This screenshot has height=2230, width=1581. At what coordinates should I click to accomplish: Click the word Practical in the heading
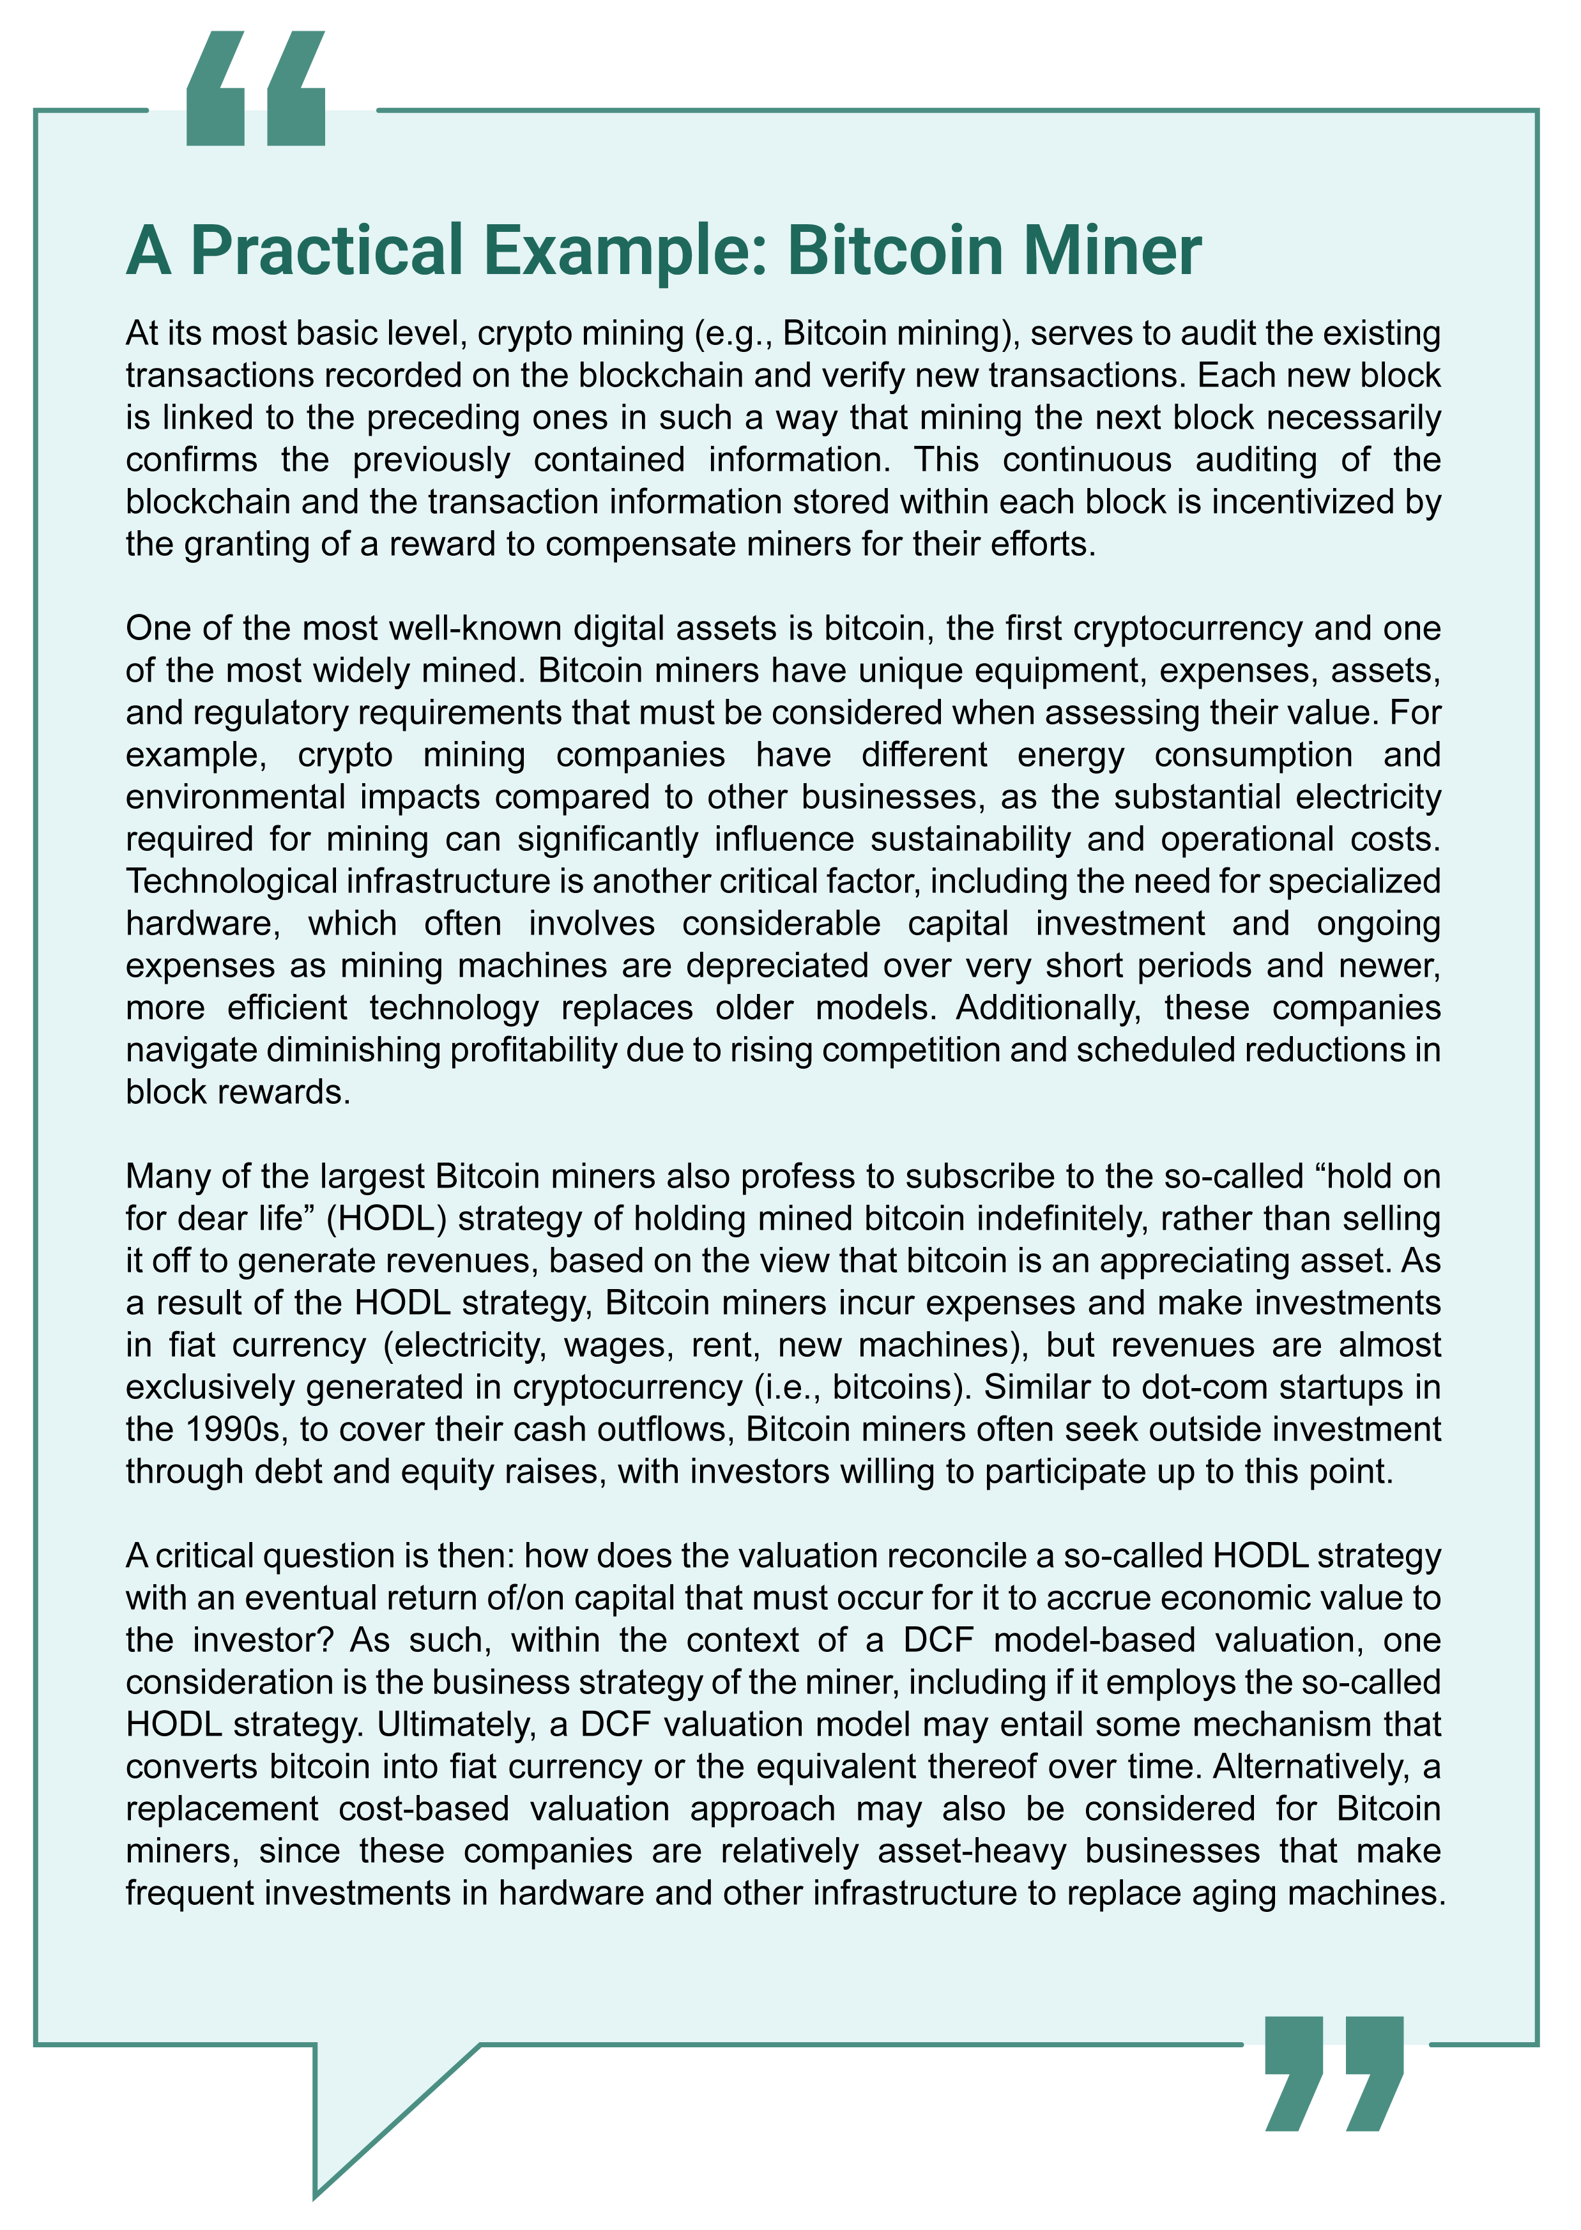click(327, 251)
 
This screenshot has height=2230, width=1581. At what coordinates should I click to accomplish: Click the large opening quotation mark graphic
click(255, 89)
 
